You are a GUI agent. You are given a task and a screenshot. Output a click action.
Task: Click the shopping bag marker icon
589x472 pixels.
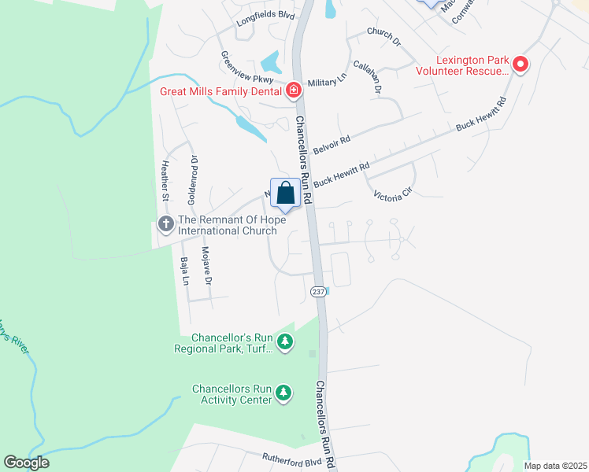click(286, 193)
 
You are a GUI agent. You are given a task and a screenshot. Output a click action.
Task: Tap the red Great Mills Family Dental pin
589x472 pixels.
click(294, 91)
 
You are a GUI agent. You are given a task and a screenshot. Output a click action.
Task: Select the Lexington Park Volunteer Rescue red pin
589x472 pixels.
click(520, 65)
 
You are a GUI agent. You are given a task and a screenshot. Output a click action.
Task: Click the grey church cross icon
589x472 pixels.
click(165, 224)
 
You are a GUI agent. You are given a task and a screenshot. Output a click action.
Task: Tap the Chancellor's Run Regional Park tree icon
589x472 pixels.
click(285, 342)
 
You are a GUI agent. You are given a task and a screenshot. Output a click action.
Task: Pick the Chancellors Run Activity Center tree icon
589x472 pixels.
click(283, 392)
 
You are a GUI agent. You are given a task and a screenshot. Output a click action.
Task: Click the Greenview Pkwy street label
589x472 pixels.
click(246, 68)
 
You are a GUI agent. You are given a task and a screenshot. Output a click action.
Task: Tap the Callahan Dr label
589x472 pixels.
click(367, 78)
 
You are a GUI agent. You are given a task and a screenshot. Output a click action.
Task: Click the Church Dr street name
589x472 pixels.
click(384, 37)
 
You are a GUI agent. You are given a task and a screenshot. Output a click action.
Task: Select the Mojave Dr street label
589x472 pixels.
click(207, 265)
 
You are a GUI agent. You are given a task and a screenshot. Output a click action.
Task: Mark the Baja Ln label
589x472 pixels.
click(183, 271)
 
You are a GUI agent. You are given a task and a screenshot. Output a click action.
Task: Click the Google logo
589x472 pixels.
click(26, 463)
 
